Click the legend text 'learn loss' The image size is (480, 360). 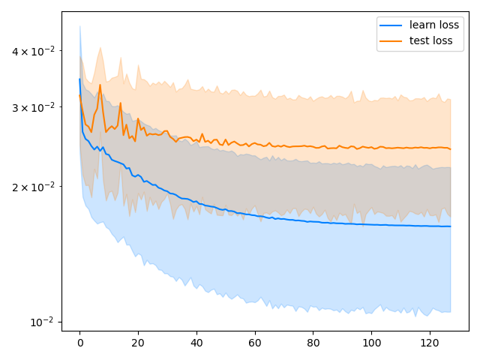434,25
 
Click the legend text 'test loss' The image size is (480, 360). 430,40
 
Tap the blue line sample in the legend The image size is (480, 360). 391,25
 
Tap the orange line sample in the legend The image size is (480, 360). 391,40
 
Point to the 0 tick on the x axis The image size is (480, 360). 79,342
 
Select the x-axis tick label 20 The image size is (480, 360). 138,342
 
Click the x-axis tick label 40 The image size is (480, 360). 196,342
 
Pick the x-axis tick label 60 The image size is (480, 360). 255,342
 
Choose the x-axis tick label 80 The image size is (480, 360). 313,342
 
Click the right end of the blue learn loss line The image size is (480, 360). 451,226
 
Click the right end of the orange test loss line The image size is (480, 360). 451,149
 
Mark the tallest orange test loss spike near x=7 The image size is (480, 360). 100,85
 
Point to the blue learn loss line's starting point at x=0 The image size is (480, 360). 79,79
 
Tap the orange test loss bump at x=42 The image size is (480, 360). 202,134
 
